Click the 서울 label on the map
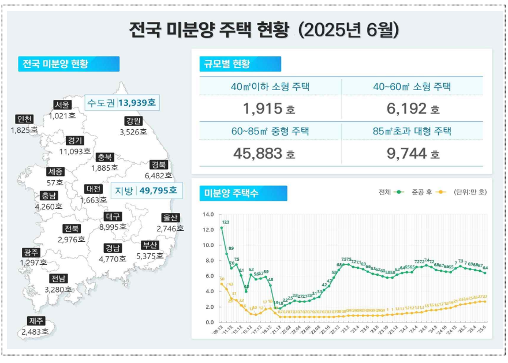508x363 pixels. tap(62, 104)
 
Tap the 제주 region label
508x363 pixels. tap(35, 321)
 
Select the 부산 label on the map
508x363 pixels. tap(150, 245)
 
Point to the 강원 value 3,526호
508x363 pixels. tap(133, 132)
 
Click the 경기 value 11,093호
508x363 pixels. tap(75, 151)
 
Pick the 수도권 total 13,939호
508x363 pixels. tap(138, 103)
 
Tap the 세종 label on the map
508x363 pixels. tap(55, 171)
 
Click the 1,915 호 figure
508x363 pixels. tap(269, 108)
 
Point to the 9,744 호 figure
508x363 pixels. tap(412, 153)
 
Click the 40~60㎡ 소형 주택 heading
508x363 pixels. tap(412, 87)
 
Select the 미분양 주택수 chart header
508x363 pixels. tap(230, 193)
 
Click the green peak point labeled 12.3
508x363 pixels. tap(222, 228)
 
